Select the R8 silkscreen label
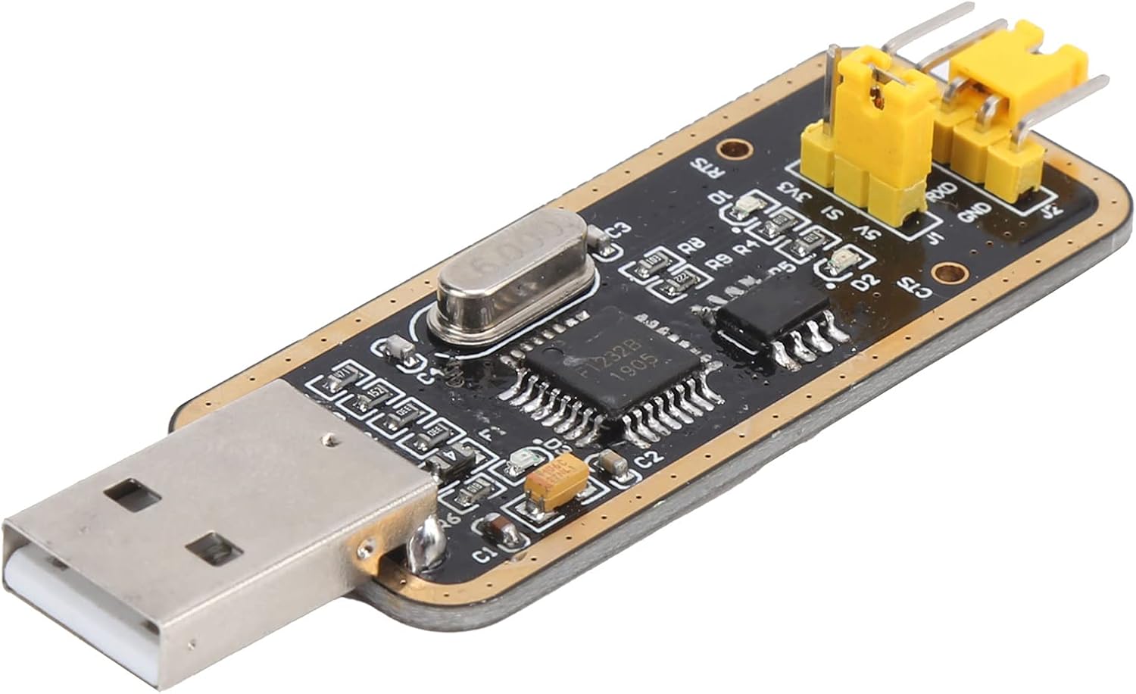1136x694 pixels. [690, 245]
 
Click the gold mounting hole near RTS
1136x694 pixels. [732, 148]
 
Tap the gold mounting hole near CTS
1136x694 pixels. [947, 271]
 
